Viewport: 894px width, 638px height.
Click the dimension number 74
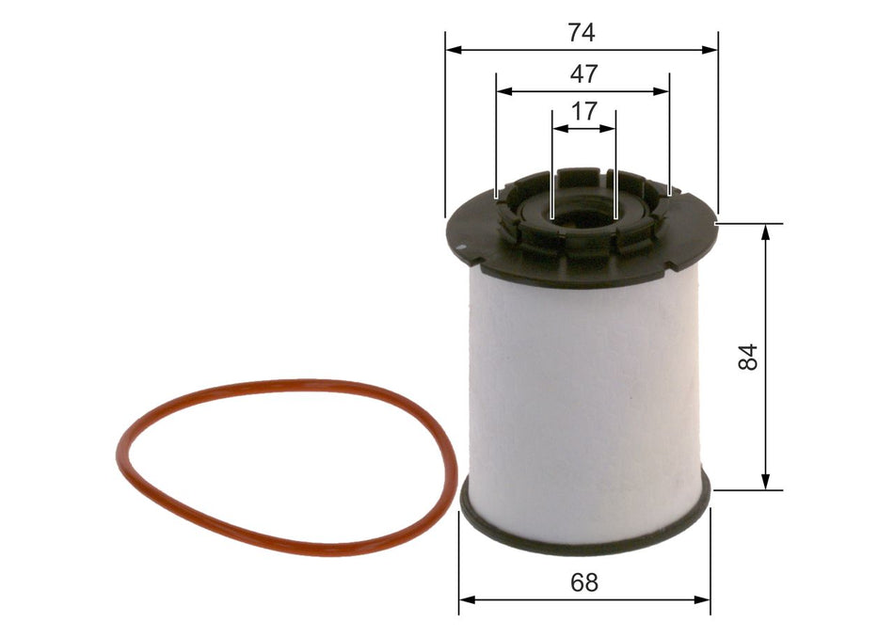pos(582,33)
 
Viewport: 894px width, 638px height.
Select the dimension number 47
pos(583,73)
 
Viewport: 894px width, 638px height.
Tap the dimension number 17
pos(583,111)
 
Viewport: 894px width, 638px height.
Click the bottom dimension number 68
pos(584,582)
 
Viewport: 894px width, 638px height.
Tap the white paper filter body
pos(583,395)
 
